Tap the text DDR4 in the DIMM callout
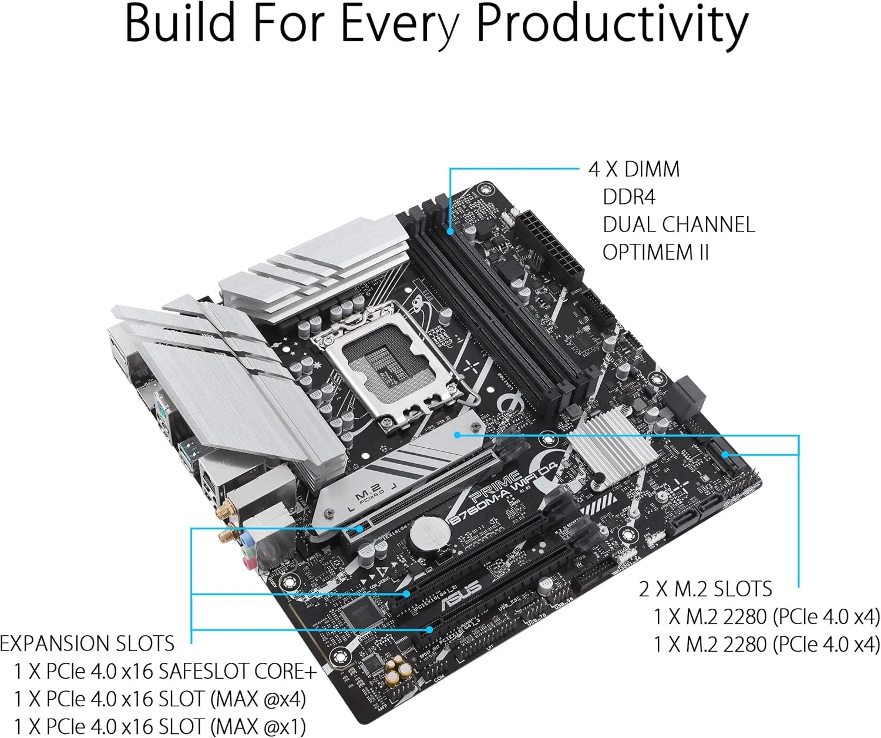pos(628,197)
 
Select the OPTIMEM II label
pos(655,252)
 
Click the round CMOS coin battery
pos(428,532)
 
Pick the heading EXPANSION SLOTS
pos(87,643)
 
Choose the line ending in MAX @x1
pos(160,726)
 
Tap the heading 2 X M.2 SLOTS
pos(705,589)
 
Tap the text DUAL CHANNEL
pos(678,224)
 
